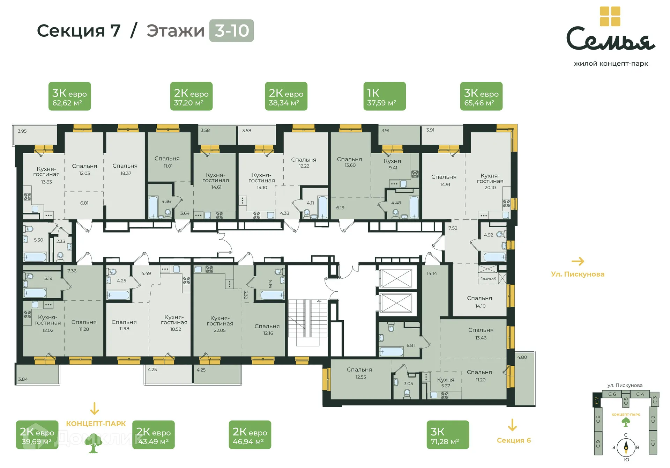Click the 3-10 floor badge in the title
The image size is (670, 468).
click(231, 31)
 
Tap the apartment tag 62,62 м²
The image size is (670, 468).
click(69, 96)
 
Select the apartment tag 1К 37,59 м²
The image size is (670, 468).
click(384, 96)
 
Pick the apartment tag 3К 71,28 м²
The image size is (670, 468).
click(447, 435)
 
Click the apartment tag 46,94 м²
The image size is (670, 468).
click(250, 435)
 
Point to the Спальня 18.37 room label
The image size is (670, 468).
click(125, 169)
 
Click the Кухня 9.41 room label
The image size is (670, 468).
click(393, 164)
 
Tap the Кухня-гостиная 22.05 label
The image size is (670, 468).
click(220, 324)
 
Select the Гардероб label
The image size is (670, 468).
click(488, 278)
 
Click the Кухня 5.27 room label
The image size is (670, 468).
click(446, 382)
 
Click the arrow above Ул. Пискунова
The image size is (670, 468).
click(578, 261)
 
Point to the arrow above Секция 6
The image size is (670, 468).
click(512, 425)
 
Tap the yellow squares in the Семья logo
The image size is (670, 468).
click(610, 16)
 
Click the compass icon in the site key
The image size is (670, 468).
click(626, 447)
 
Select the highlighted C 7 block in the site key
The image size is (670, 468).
click(597, 400)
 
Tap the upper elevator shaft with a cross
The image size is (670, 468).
click(396, 279)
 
